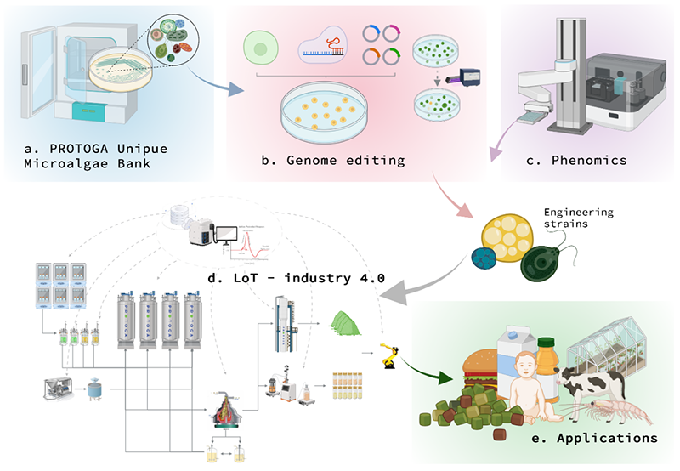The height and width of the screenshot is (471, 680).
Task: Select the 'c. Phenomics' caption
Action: [x=589, y=158]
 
